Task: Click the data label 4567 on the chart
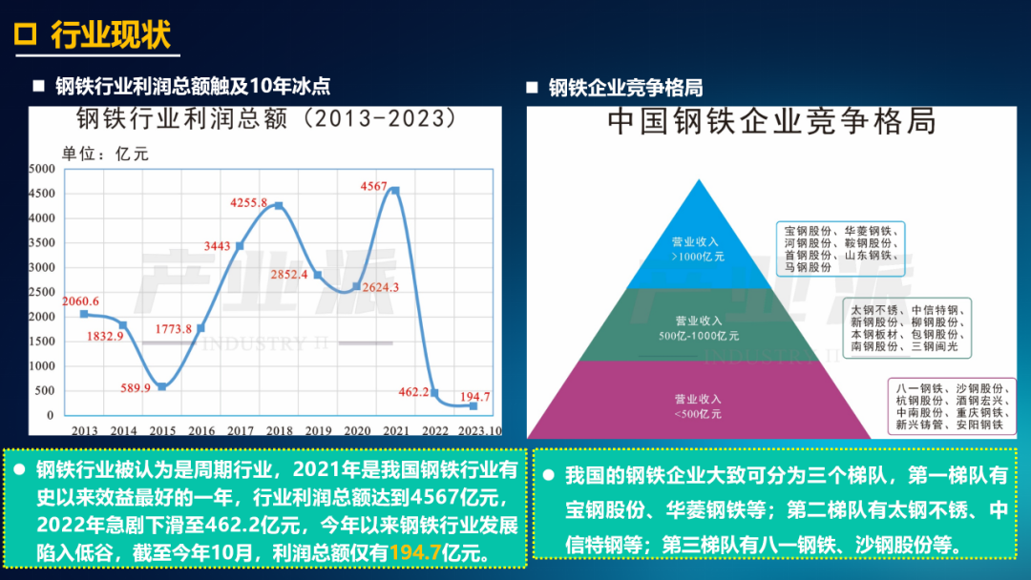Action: coord(373,187)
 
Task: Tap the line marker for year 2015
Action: coord(162,387)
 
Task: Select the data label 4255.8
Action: coord(248,203)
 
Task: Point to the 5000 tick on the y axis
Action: coord(42,169)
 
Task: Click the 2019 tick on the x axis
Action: coord(318,430)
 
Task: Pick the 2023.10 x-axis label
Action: coord(480,430)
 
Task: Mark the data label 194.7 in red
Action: coord(474,397)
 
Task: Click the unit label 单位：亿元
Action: coord(105,154)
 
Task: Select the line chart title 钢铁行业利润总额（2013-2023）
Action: coord(265,119)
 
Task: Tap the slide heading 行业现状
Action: coord(111,34)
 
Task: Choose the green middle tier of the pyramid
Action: coord(699,325)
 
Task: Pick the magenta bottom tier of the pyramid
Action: coord(699,400)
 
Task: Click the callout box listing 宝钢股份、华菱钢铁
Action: coord(840,249)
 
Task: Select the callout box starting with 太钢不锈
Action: coord(908,328)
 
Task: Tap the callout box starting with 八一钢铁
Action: coord(951,406)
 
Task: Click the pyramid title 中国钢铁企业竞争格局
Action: coord(771,122)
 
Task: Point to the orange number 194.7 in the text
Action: coord(415,552)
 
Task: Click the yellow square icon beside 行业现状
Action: coord(26,33)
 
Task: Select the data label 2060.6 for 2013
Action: coord(81,301)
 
